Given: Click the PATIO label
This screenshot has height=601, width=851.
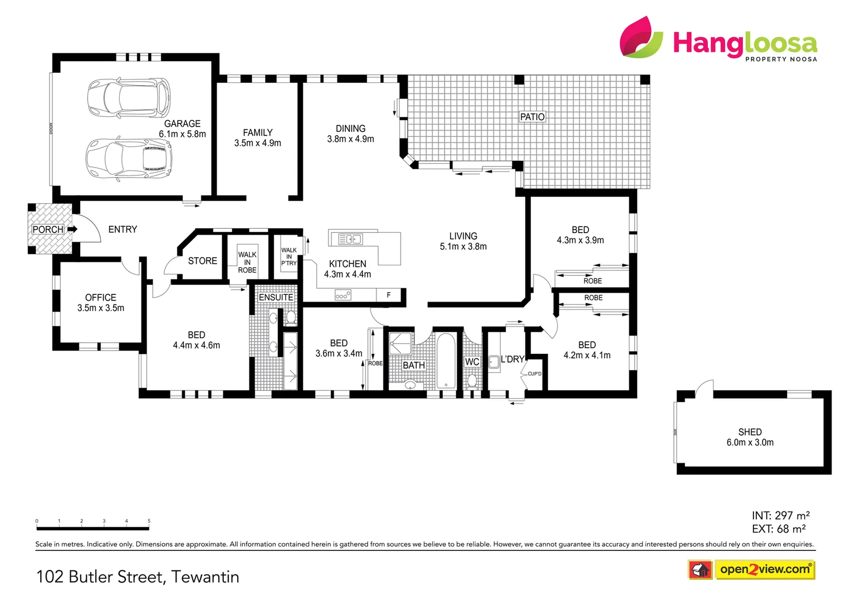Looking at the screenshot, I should click(532, 117).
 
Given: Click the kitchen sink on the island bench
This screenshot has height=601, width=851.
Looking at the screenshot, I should click(350, 239).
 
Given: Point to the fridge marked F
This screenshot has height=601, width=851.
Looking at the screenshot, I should click(389, 295).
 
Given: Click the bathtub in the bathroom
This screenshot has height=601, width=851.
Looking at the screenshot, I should click(446, 361).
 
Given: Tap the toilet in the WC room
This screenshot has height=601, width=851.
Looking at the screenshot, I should click(472, 380).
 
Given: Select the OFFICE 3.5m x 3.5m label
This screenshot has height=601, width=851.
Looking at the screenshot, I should click(101, 303).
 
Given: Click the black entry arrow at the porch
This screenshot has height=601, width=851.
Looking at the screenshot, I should click(72, 229).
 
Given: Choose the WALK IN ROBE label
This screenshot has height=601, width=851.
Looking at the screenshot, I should click(247, 262).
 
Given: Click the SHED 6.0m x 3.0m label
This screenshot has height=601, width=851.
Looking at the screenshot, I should click(750, 437).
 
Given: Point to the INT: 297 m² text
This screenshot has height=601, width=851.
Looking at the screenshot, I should click(780, 515).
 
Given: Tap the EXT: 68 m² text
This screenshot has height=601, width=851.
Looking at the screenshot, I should click(779, 529).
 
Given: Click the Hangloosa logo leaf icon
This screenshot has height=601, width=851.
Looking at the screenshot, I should click(642, 37).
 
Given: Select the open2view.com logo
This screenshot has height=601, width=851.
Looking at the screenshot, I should click(765, 569).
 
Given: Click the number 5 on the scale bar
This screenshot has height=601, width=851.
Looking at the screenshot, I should click(149, 521).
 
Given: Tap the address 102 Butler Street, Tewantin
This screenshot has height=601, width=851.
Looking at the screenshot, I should click(138, 577).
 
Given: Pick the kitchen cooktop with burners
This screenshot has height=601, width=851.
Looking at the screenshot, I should click(343, 295).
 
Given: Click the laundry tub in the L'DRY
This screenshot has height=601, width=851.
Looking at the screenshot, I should click(494, 362).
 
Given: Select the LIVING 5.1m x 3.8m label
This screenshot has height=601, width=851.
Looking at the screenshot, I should click(463, 241).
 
